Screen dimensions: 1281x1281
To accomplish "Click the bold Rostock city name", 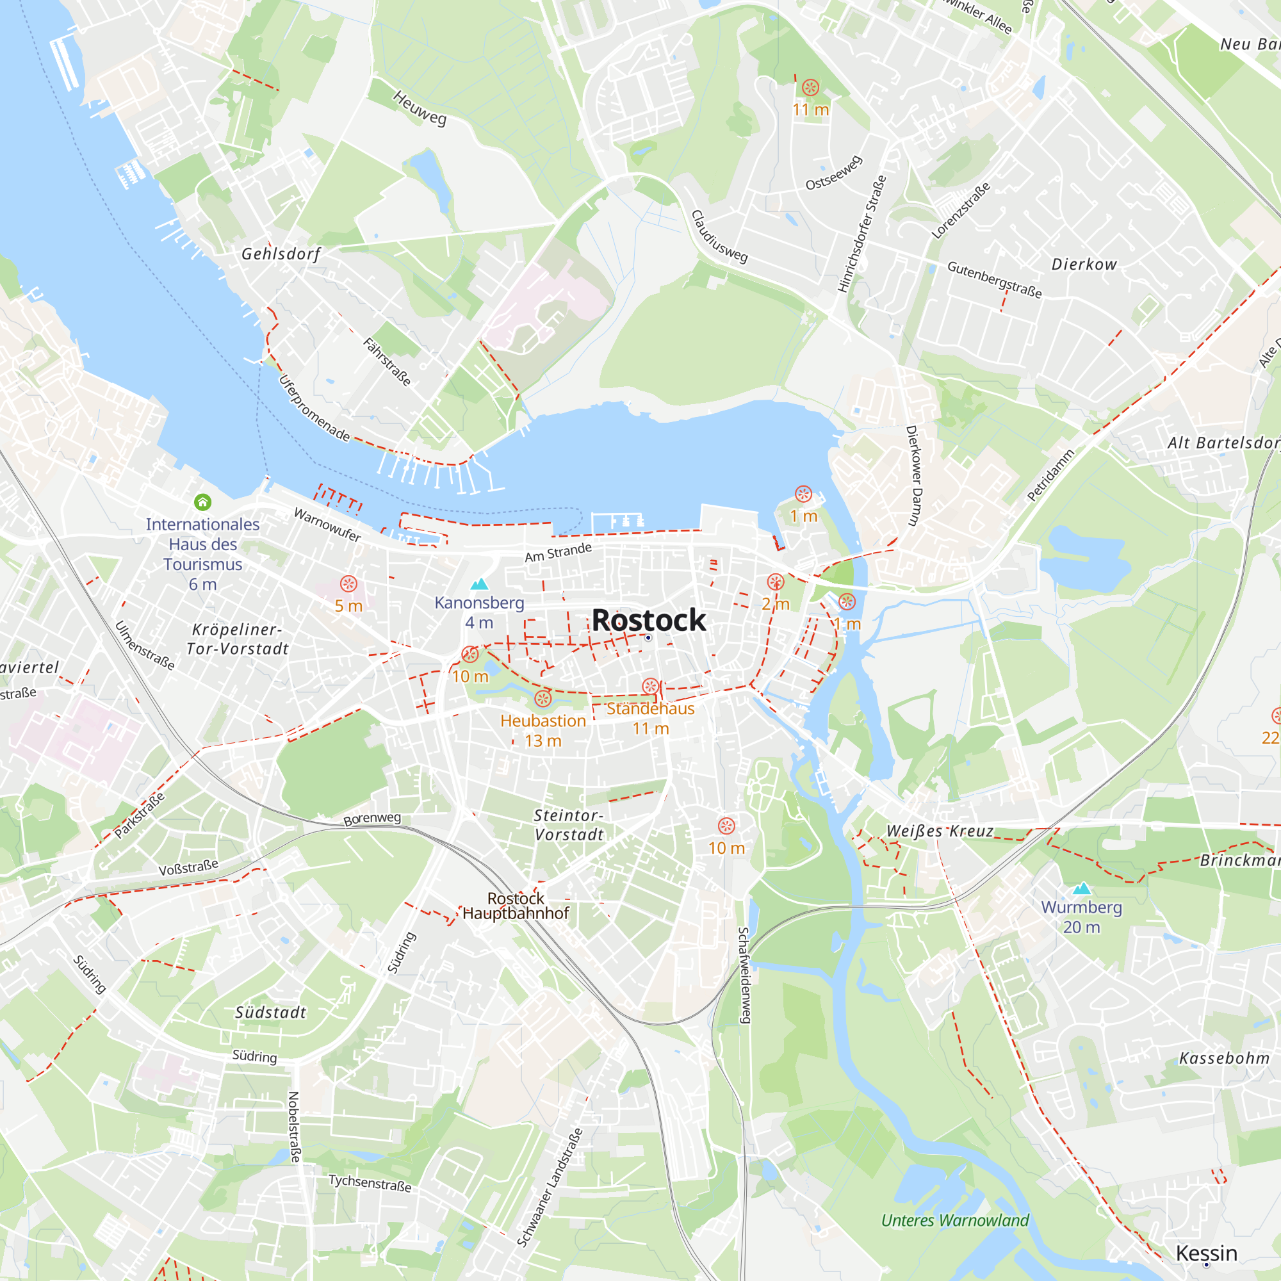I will [x=648, y=620].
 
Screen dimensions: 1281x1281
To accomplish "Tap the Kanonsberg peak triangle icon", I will [x=479, y=584].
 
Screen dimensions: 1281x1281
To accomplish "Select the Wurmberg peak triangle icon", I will [x=1081, y=888].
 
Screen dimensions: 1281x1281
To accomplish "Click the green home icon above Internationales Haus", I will [x=203, y=503].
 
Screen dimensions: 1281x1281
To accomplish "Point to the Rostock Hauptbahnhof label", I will [x=515, y=906].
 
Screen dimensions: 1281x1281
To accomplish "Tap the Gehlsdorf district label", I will [x=281, y=254].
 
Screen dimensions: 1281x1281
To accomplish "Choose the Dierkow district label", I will [x=1084, y=265].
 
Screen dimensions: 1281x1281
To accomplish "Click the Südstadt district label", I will [x=270, y=1013].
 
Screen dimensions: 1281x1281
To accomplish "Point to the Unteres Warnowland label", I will [x=955, y=1220].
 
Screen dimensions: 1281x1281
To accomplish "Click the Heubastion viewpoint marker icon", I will [x=543, y=698].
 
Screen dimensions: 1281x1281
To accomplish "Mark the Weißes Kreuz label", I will [x=940, y=831].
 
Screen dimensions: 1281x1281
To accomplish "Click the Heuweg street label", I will [x=420, y=108].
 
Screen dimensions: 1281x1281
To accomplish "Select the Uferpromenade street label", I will [x=314, y=409].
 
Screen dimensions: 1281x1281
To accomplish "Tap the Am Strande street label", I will [x=559, y=551].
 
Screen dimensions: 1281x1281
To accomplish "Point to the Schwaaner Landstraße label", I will [x=550, y=1187].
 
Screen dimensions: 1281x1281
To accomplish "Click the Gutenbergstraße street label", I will [x=995, y=279].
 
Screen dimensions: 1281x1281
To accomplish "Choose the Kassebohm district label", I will [x=1224, y=1058].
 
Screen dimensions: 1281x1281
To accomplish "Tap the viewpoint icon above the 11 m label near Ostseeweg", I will [x=810, y=88].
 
